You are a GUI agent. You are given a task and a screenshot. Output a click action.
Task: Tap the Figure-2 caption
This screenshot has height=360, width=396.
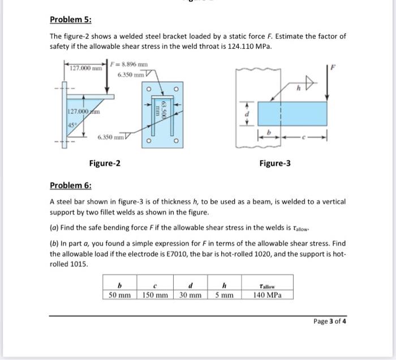[105, 164]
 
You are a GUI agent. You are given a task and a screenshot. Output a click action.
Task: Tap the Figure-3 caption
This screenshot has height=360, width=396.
[275, 164]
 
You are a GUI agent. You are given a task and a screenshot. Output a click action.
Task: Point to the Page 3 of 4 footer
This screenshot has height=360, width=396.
[329, 321]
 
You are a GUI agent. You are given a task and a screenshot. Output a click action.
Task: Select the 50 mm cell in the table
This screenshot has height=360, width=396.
[119, 295]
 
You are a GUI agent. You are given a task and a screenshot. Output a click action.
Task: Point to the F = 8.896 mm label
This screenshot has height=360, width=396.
[131, 65]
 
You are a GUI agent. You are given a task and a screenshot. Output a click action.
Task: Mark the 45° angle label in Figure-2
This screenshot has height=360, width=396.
[71, 125]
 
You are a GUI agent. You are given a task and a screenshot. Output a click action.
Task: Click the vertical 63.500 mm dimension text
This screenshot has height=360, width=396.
[162, 109]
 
